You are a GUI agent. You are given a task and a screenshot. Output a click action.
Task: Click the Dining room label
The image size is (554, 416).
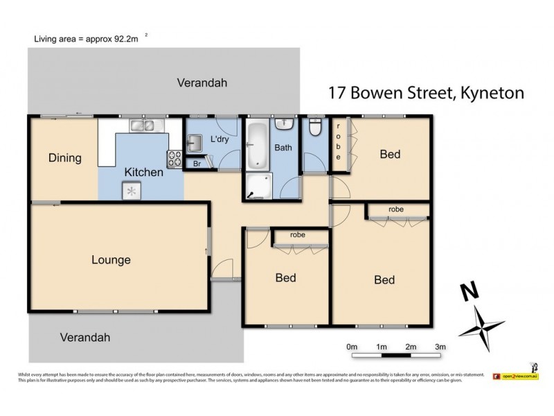64,158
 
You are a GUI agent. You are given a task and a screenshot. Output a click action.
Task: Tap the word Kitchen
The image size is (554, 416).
143,172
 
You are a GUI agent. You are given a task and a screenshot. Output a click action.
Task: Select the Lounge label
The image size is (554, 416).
111,260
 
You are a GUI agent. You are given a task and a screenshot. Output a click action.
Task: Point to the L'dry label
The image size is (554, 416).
219,140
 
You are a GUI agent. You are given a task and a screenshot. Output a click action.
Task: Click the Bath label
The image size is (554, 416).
283,148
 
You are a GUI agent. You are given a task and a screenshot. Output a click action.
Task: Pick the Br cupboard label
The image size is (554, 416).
197,164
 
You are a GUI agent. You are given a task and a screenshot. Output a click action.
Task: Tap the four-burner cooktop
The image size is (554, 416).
174,159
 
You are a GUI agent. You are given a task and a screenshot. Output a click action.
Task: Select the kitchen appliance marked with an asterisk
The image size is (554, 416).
131,191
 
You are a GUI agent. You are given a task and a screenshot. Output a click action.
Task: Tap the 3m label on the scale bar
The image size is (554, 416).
440,346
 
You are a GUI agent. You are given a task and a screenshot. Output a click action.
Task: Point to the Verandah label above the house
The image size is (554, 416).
202,83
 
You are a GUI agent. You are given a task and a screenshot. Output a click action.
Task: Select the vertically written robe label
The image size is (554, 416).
338,143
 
